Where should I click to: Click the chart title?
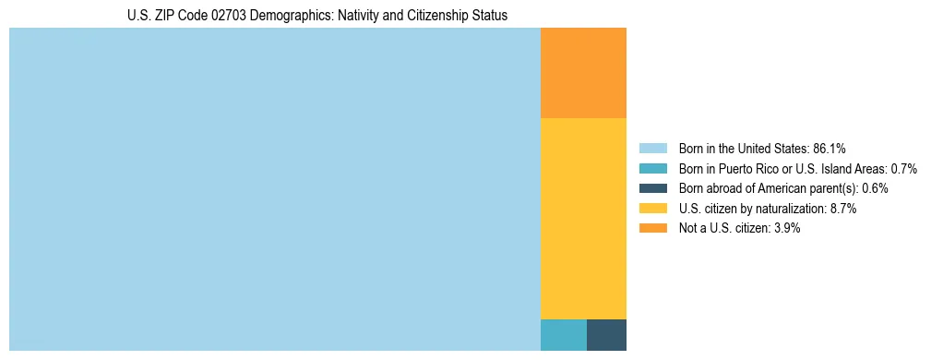[x=317, y=16]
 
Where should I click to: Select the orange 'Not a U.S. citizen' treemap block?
[x=583, y=73]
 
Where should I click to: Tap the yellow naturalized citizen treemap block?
[x=583, y=219]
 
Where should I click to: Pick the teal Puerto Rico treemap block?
[x=563, y=334]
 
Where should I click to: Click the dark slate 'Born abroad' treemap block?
[x=606, y=334]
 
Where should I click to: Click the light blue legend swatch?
[x=652, y=148]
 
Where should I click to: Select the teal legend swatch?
[x=652, y=168]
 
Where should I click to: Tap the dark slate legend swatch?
[x=652, y=188]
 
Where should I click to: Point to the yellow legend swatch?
[x=652, y=209]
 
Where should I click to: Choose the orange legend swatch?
[x=652, y=229]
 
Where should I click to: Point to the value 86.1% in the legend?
[x=830, y=148]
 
